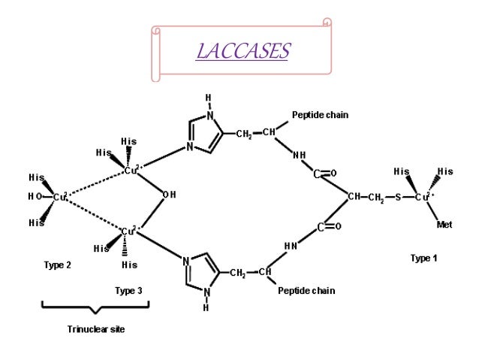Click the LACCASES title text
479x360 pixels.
241,51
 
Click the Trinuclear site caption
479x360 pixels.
93,329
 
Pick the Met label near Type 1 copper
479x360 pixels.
446,224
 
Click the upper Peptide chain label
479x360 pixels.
320,115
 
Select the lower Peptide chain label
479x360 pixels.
306,289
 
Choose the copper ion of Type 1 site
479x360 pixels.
425,198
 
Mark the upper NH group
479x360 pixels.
299,156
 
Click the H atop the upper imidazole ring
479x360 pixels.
208,96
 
